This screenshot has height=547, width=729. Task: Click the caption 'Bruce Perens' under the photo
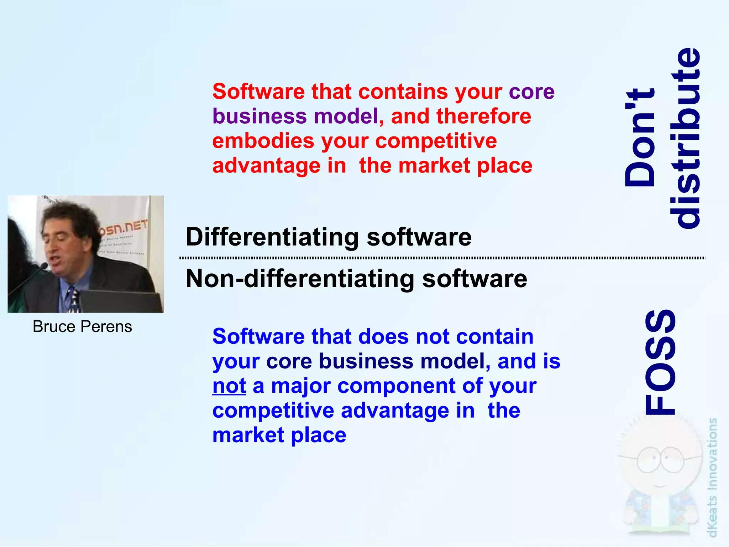pos(82,326)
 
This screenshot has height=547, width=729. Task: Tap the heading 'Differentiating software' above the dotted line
pos(328,237)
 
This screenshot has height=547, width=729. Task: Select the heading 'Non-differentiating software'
pos(356,279)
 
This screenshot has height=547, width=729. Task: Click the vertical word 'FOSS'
pos(661,362)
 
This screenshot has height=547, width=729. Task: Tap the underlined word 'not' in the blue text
pos(229,386)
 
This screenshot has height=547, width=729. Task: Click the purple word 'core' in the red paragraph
pos(531,92)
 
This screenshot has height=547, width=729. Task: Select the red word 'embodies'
pos(263,141)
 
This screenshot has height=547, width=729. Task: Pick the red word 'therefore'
pos(484,116)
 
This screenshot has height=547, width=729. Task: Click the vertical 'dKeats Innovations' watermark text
pos(712,478)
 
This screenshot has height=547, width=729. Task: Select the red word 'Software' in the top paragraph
pos(258,92)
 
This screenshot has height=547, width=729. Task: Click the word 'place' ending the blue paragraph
pos(318,435)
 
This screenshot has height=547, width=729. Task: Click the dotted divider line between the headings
pos(441,258)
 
